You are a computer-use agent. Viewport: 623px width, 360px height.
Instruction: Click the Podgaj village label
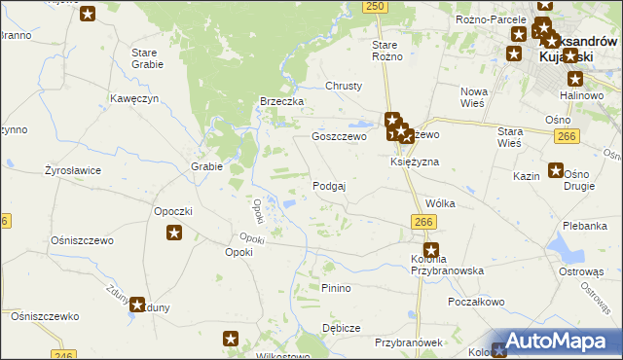coord(329,185)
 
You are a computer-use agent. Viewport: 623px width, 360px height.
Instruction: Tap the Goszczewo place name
coord(338,137)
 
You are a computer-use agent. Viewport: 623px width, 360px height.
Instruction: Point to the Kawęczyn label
coord(134,98)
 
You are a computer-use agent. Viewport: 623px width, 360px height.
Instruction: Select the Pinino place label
coord(335,288)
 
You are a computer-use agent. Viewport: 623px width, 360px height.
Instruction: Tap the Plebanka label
coord(584,225)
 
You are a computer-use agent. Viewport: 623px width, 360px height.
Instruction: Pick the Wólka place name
coord(441,204)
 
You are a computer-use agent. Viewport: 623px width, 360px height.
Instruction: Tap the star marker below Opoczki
coord(174,233)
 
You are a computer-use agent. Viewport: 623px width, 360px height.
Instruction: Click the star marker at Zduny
coord(138,305)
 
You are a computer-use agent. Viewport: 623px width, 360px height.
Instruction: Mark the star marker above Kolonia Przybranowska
coord(431,250)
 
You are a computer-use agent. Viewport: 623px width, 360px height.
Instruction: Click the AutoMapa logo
coord(554,342)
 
